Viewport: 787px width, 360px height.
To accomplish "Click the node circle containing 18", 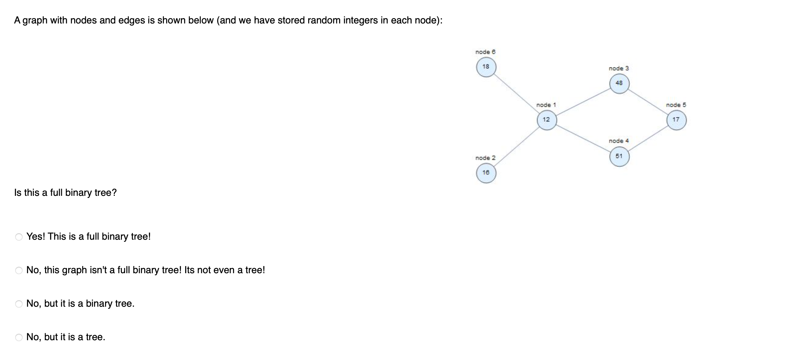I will coord(486,67).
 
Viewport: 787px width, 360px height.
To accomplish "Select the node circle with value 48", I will coord(619,83).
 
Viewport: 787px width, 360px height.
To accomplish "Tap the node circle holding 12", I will coord(547,120).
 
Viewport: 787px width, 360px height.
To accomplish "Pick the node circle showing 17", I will coord(676,120).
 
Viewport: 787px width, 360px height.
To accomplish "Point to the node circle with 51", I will coord(619,157).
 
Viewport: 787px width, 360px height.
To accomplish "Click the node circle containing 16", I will coord(486,173).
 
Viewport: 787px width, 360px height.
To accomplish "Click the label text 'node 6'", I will coord(485,52).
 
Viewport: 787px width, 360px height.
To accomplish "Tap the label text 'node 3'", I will coord(619,69).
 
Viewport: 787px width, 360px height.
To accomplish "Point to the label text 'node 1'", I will coord(546,105).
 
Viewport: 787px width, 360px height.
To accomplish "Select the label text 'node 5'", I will coord(676,105).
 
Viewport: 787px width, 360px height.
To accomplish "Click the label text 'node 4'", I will coord(619,141).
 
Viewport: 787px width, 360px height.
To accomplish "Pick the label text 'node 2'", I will coord(485,158).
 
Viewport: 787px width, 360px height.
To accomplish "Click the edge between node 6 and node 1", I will coord(516,94).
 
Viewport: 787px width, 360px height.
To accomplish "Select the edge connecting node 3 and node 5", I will coord(648,102).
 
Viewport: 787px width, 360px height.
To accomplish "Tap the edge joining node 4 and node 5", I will coord(648,138).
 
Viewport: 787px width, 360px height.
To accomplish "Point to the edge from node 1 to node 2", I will coord(516,146).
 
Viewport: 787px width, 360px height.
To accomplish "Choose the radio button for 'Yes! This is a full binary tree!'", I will coord(19,237).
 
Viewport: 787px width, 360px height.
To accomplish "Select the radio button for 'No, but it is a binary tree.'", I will coord(19,304).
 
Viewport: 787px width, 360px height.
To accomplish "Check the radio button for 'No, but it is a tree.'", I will coord(19,337).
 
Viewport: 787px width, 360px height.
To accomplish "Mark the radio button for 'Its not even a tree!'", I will coord(19,270).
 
